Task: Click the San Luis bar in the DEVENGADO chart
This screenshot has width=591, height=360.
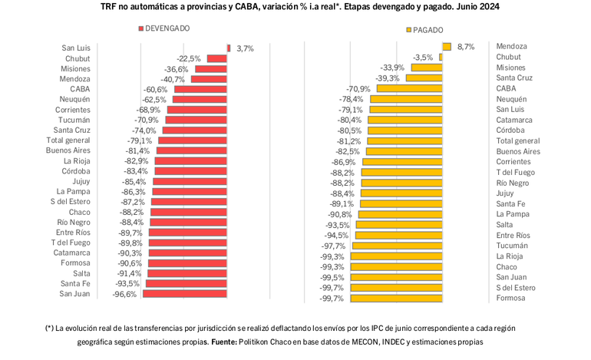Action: click(228, 48)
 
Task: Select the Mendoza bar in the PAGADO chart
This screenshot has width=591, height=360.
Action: click(446, 46)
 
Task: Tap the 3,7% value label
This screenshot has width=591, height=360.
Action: click(245, 48)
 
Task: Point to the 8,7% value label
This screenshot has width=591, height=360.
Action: click(465, 47)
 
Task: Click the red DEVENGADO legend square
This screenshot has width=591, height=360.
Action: click(140, 28)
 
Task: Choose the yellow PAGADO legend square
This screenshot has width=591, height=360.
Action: click(408, 30)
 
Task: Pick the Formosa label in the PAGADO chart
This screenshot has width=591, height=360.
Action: click(510, 299)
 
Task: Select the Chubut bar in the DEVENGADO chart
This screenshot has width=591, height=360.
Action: click(216, 58)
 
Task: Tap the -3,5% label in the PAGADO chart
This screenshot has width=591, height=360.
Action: click(423, 58)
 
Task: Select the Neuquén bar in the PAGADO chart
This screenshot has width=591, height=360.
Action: click(408, 99)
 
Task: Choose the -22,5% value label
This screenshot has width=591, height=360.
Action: click(189, 58)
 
